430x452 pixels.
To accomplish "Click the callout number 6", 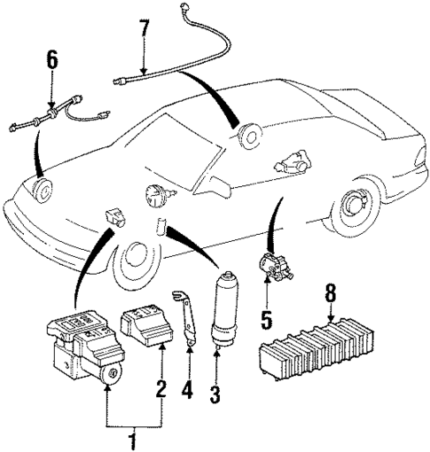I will [x=52, y=60].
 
